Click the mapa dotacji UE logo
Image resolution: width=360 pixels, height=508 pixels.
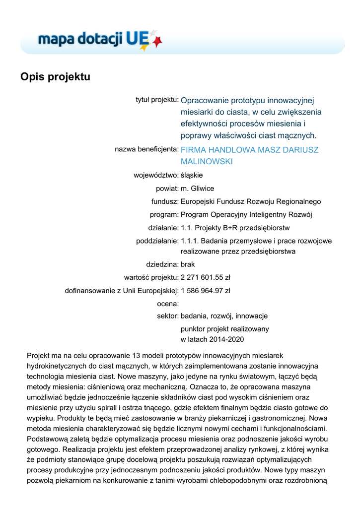coord(99,39)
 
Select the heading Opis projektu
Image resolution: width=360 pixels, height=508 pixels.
coord(55,77)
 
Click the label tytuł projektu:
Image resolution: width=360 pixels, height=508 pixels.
coord(157,100)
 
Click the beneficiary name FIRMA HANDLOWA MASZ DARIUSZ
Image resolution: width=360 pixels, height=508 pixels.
coord(249,149)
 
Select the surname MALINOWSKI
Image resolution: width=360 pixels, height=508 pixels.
coord(207,162)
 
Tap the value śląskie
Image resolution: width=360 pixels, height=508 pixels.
coord(192,175)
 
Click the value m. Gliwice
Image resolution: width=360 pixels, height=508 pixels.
coord(197,189)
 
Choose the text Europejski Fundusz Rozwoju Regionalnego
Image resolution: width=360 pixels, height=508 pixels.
coord(251,201)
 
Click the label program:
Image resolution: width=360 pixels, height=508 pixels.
coord(164,215)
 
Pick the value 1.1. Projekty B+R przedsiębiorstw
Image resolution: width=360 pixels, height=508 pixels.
coord(235,228)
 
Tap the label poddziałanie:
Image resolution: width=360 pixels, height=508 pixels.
coord(157,241)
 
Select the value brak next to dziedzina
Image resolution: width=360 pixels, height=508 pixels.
coord(188,264)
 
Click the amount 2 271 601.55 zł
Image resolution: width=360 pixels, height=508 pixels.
coord(205,277)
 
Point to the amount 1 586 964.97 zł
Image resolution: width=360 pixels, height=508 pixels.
coord(205,290)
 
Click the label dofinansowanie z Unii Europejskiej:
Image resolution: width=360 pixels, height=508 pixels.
coord(122,290)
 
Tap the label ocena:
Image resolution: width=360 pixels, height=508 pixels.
coord(167,303)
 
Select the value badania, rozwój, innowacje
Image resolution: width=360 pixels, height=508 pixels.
coord(224,316)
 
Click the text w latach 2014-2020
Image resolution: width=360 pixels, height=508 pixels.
coord(212,339)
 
